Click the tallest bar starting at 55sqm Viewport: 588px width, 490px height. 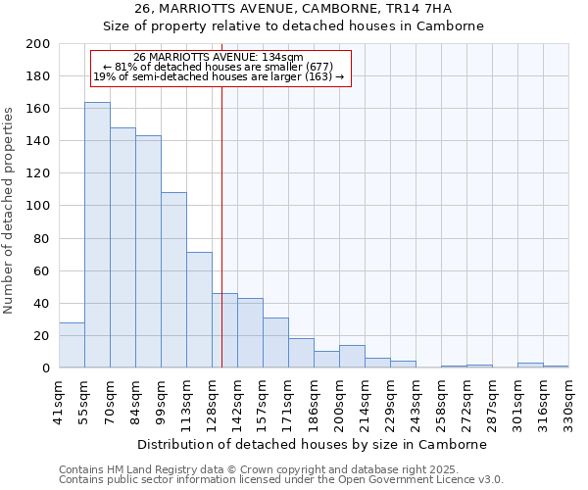pyautogui.click(x=97, y=235)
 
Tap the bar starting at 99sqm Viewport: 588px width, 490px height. pyautogui.click(x=173, y=280)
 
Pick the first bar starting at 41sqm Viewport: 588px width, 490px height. pyautogui.click(x=72, y=345)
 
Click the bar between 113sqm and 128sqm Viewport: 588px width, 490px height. pyautogui.click(x=199, y=310)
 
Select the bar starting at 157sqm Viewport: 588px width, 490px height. pyautogui.click(x=275, y=343)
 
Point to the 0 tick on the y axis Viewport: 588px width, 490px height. pyautogui.click(x=46, y=368)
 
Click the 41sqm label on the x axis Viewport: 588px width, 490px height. pyautogui.click(x=59, y=400)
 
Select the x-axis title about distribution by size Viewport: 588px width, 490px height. pyautogui.click(x=312, y=445)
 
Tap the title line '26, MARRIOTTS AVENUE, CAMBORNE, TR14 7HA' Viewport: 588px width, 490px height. pyautogui.click(x=294, y=9)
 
